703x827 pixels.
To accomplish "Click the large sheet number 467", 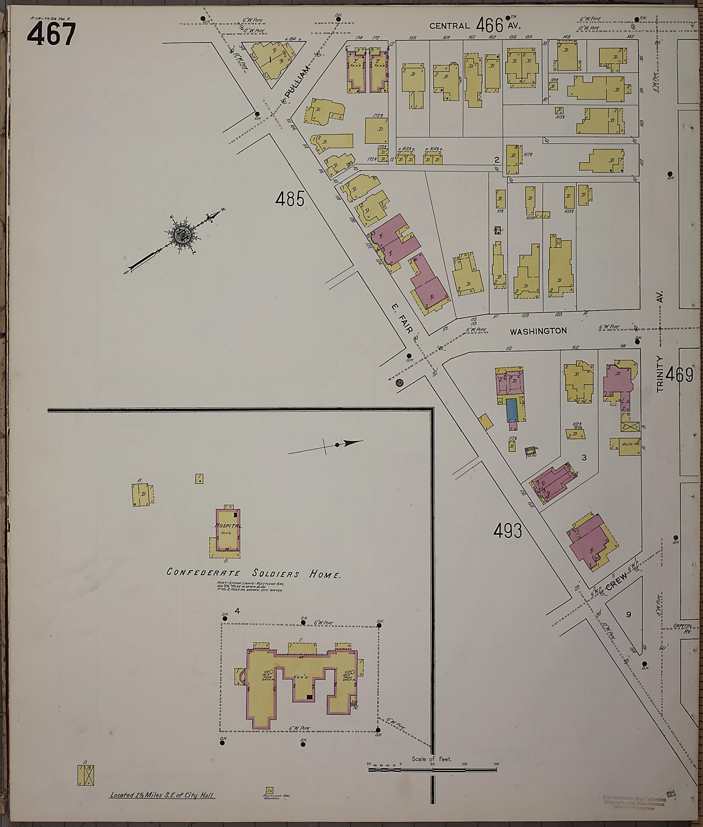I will [x=51, y=34].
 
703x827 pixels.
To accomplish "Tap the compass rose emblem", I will [x=182, y=235].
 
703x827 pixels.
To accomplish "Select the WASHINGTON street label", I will [x=538, y=331].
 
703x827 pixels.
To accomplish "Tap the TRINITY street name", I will [x=660, y=374].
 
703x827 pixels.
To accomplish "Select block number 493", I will [x=507, y=531].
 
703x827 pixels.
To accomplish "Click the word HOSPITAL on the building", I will [x=228, y=526].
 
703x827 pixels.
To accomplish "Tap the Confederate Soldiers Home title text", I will [x=254, y=574].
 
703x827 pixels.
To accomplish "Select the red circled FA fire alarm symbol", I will [x=399, y=383].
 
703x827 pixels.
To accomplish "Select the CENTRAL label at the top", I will [x=449, y=26].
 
